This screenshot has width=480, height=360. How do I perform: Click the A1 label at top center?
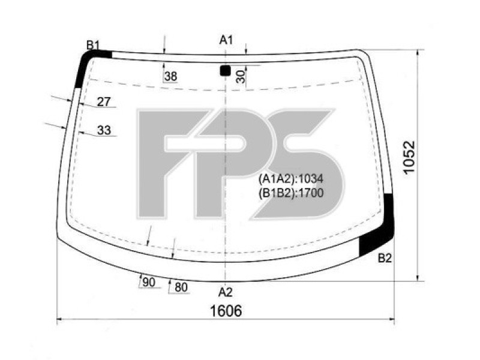click(x=226, y=40)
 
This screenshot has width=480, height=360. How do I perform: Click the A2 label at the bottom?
click(x=225, y=292)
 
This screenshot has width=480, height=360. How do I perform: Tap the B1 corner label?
click(x=92, y=44)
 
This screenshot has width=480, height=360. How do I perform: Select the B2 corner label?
click(x=385, y=259)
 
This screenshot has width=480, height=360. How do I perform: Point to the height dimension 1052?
click(x=409, y=158)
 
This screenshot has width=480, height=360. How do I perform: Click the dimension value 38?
click(x=170, y=76)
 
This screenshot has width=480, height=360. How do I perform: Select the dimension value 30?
click(x=240, y=76)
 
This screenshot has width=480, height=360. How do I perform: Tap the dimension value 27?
click(x=104, y=102)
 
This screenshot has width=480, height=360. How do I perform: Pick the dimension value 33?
click(x=104, y=130)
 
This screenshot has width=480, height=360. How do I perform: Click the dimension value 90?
click(x=149, y=283)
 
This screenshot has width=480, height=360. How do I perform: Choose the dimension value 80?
click(x=181, y=288)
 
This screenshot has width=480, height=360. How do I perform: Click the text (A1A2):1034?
click(x=291, y=179)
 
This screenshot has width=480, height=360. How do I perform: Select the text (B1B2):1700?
click(x=291, y=193)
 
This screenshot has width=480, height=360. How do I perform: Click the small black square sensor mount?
click(x=225, y=71)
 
